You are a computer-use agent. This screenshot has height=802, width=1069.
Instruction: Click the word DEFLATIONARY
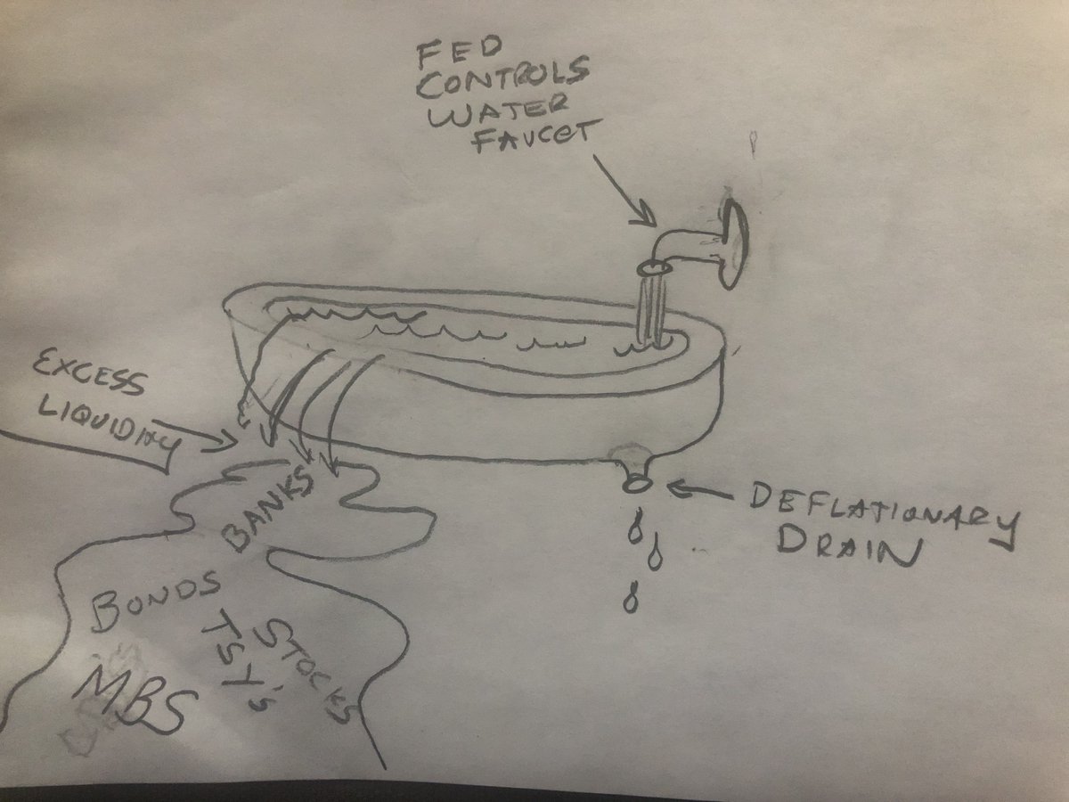pyautogui.click(x=876, y=510)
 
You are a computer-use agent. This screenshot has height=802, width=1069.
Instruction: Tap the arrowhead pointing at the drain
pyautogui.click(x=678, y=487)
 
